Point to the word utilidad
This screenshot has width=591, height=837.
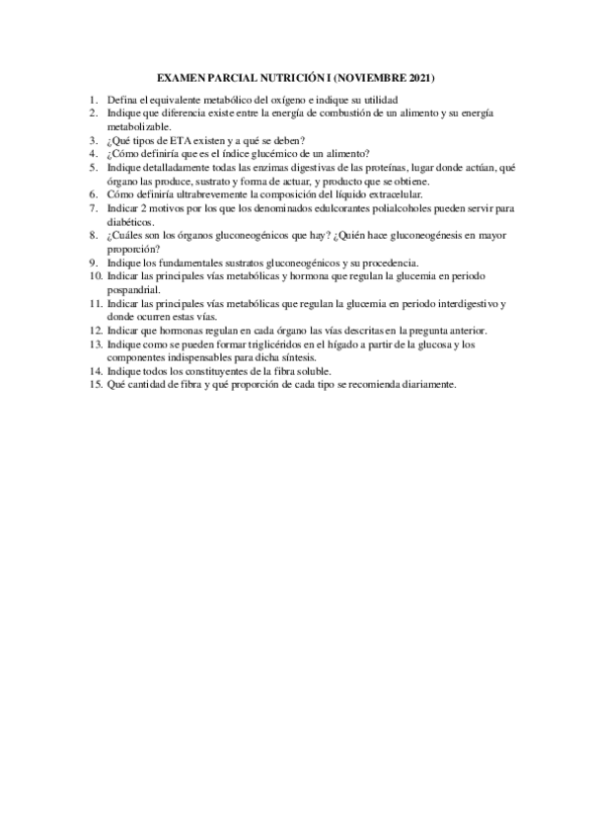(x=379, y=101)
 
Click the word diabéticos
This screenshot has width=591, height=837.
(x=131, y=223)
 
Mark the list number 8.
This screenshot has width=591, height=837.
(x=92, y=237)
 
